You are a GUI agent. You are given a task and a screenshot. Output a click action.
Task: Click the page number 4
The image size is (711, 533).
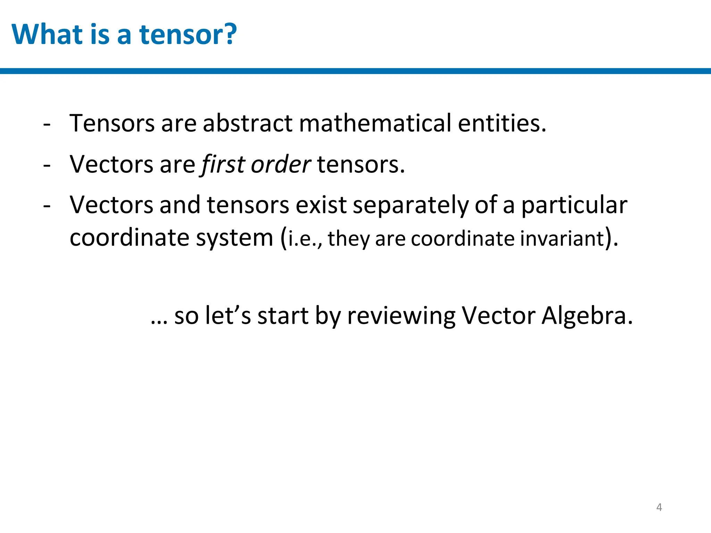coord(659,507)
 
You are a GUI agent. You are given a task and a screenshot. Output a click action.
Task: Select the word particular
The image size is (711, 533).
coord(575,205)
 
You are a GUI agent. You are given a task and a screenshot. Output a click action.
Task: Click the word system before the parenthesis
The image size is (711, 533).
coord(234,238)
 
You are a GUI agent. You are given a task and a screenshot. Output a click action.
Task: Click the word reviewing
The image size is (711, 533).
coord(401,316)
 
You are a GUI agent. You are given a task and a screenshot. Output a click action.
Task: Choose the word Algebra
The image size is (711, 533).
coord(587,316)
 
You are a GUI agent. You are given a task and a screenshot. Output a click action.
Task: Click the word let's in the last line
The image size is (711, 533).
coord(228,316)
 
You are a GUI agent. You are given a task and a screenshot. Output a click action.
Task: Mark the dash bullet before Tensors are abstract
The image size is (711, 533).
coord(47,124)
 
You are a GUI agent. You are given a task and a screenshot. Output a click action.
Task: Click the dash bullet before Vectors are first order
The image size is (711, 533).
coord(47,165)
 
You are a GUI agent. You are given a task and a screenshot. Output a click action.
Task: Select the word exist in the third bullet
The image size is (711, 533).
coord(321,205)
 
